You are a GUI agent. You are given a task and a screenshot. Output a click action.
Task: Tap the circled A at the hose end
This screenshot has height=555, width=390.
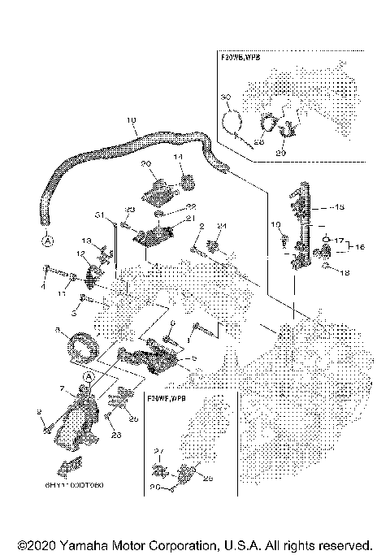coord(47,241)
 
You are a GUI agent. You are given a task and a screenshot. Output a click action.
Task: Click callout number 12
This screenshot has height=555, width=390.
coord(80,254)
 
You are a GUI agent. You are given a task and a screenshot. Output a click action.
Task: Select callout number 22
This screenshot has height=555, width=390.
coord(192,206)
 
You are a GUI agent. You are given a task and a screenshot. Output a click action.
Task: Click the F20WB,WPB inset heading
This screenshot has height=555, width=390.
coord(243,59)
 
